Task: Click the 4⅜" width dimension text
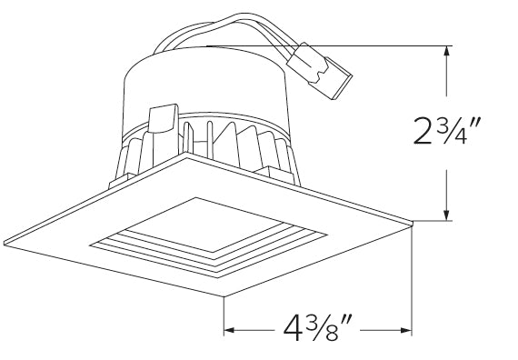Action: pyautogui.click(x=317, y=326)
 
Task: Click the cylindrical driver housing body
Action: pyautogui.click(x=209, y=91)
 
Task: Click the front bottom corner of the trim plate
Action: pyautogui.click(x=223, y=297)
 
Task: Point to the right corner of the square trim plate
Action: pyautogui.click(x=411, y=222)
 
